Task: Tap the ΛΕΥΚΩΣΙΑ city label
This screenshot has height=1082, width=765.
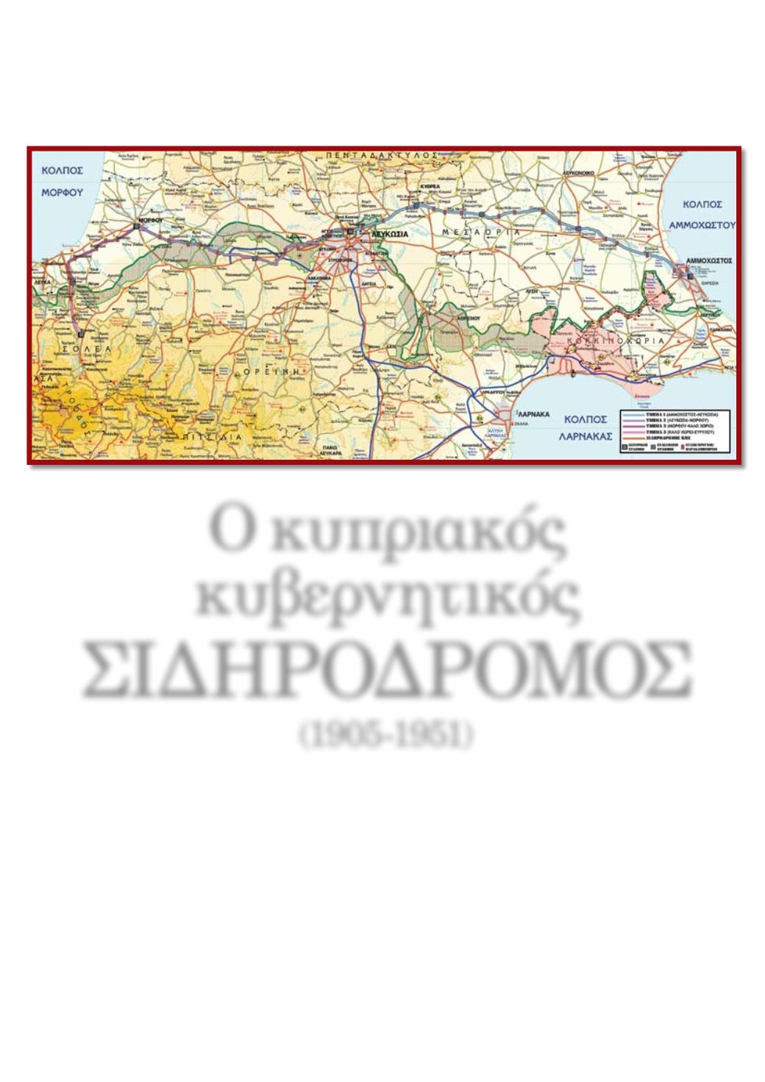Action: click(389, 232)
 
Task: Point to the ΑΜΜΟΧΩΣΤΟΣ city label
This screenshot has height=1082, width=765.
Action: click(708, 260)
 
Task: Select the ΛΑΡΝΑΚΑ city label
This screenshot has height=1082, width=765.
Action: click(533, 414)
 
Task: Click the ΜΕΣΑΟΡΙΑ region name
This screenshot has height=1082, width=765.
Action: click(481, 232)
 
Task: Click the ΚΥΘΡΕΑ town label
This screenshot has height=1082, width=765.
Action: click(430, 187)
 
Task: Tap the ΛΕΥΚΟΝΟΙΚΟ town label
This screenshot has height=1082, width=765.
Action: click(578, 168)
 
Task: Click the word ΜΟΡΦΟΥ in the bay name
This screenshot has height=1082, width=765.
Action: click(62, 193)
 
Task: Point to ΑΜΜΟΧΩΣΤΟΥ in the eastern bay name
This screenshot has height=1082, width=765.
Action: click(702, 225)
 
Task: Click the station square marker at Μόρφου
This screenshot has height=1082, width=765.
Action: click(137, 227)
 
